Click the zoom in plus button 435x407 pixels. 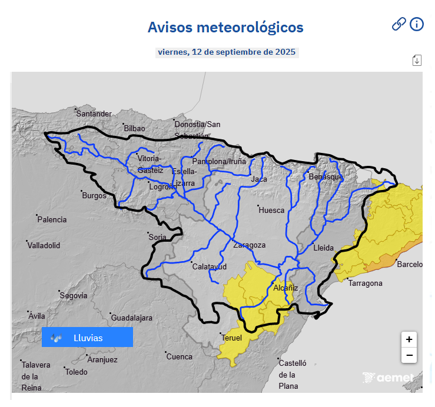pos(409,339)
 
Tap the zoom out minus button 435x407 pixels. pos(409,355)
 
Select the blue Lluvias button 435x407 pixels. pos(87,338)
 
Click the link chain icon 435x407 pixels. pos(399,24)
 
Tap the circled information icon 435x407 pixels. pos(417,24)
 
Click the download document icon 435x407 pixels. pos(417,60)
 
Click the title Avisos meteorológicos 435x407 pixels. pos(225,27)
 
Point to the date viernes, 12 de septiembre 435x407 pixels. pos(227,52)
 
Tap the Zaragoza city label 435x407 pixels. pos(250,245)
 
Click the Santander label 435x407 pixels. pos(94,114)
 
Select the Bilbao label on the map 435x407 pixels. pos(134,128)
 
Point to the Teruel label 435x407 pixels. pos(232,338)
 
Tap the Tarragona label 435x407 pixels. pos(366,283)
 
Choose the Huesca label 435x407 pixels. pos(271,210)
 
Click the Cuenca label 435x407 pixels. pos(180,356)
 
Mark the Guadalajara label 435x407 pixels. pos(132,318)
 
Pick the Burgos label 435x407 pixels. pos(94,195)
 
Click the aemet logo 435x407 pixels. pos(388,378)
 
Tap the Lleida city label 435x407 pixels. pos(324,248)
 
